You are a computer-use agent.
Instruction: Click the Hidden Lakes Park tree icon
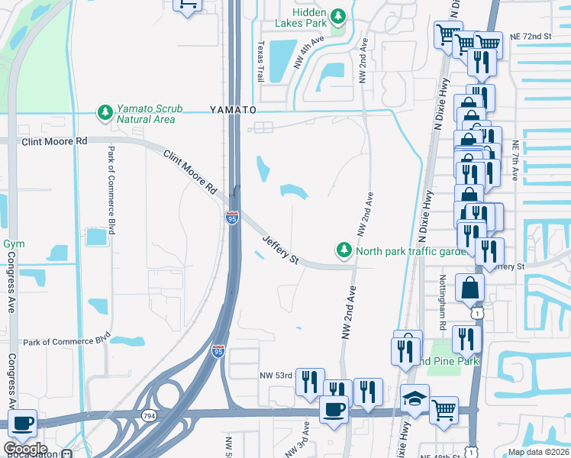(337, 15)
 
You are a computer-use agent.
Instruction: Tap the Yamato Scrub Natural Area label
(145, 114)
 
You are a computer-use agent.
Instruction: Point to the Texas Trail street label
(261, 61)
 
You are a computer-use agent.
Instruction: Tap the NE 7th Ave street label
(516, 161)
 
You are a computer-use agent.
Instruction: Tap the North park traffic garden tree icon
(344, 250)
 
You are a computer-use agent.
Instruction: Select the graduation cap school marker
(415, 398)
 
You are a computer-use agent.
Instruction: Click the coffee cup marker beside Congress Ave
(23, 422)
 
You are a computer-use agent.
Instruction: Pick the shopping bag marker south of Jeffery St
(470, 289)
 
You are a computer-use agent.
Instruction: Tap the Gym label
(14, 244)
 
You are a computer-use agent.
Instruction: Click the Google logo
(25, 449)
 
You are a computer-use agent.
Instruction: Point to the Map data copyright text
(538, 452)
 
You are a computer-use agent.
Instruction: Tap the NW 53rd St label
(276, 376)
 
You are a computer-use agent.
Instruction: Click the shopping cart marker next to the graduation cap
(444, 411)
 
